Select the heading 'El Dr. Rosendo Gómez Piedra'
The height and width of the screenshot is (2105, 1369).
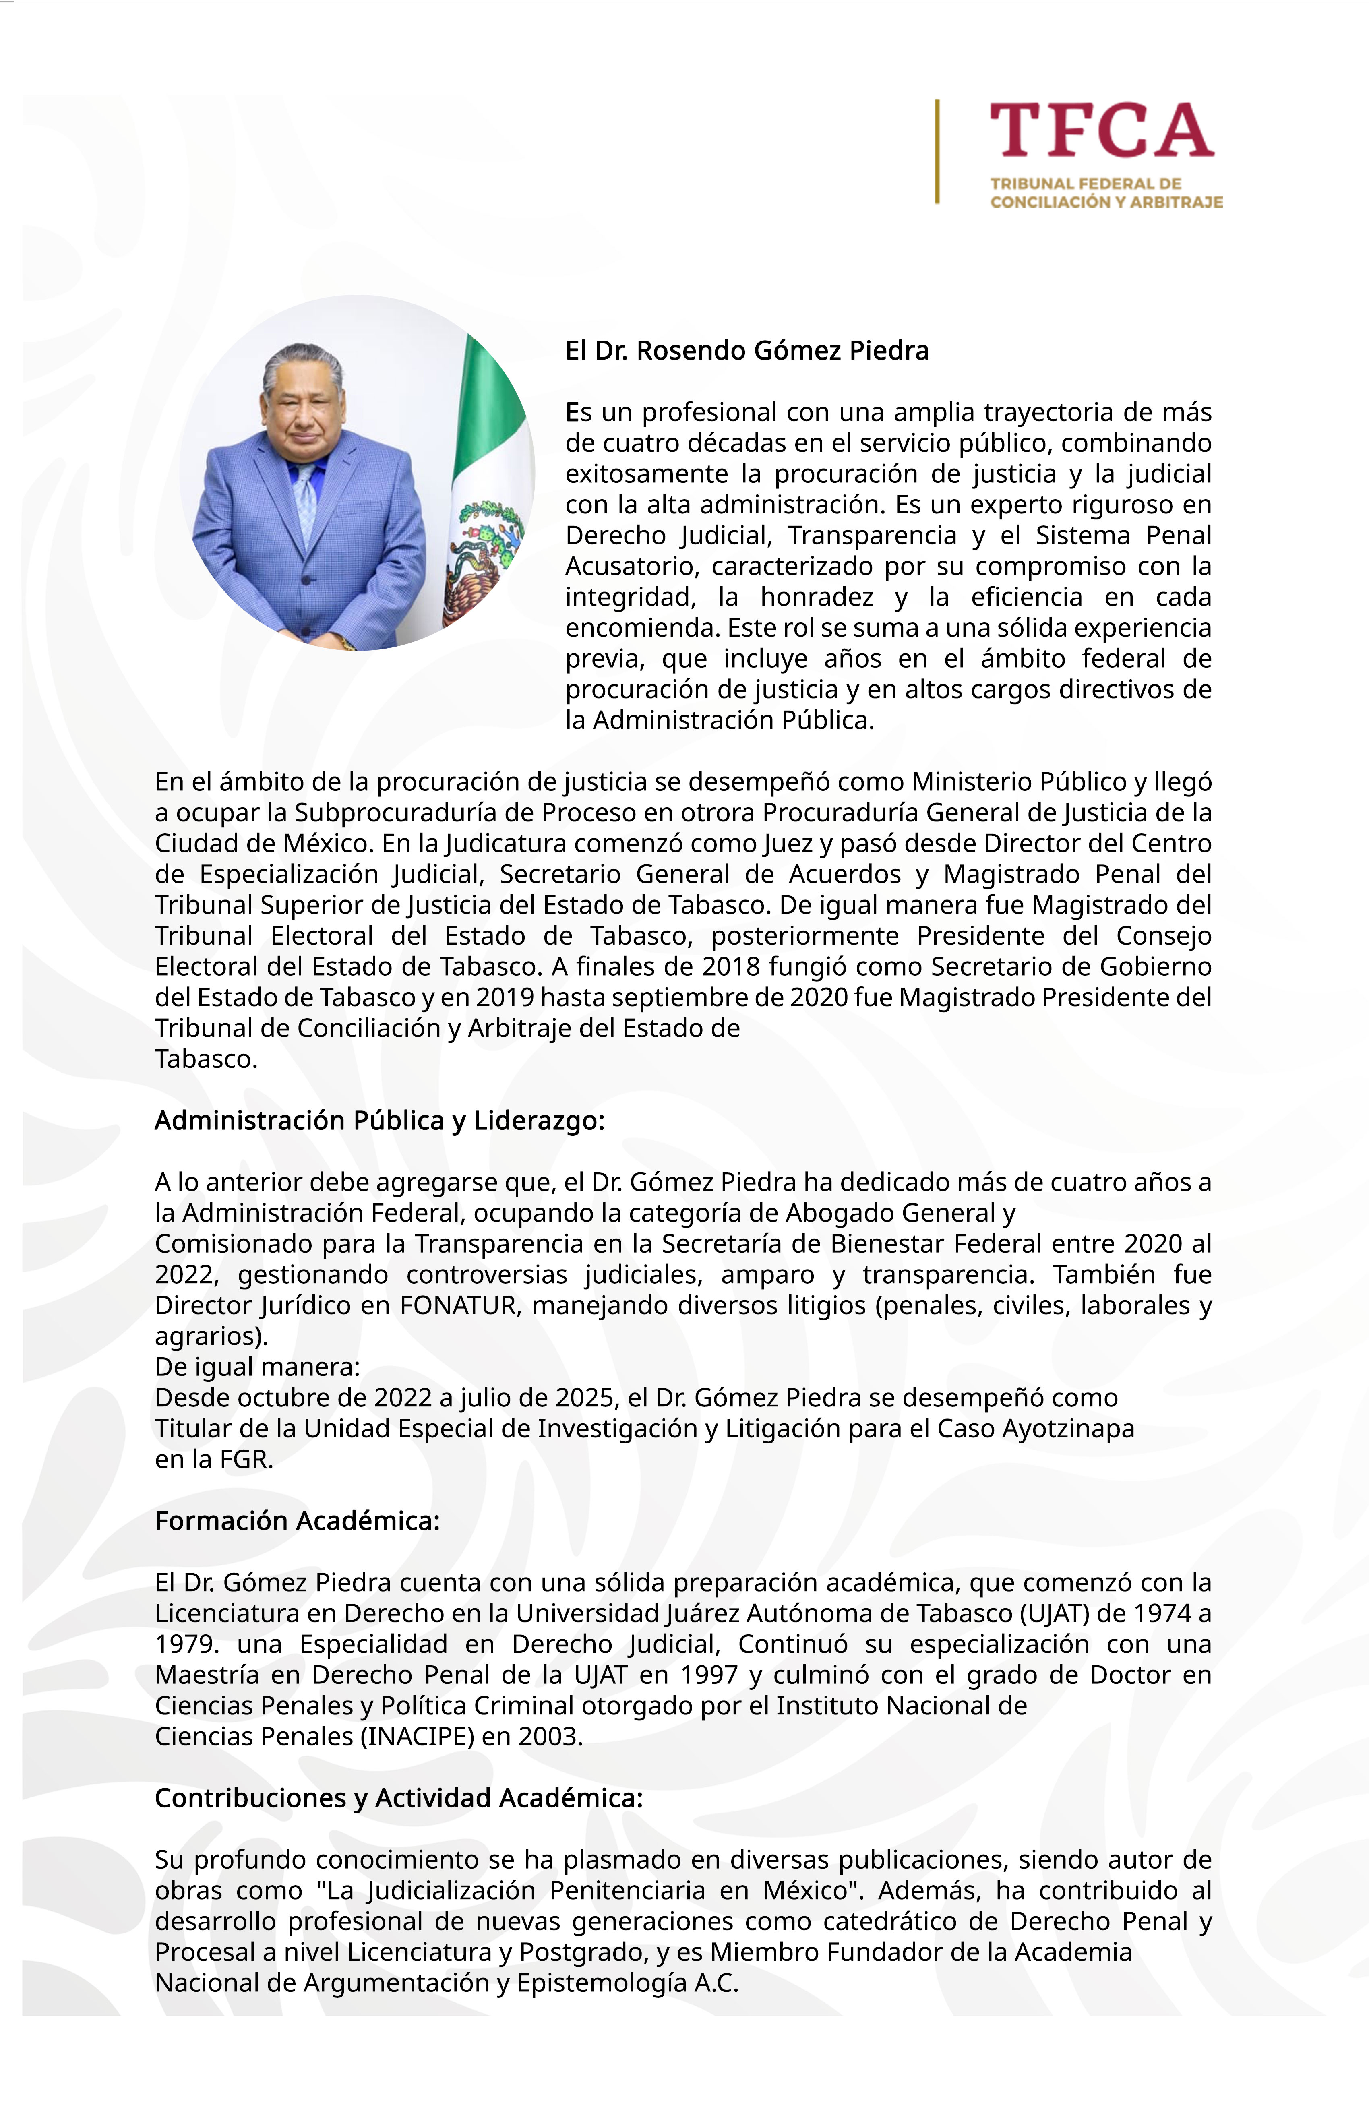(747, 351)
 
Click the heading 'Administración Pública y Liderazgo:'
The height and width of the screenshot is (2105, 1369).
(379, 1121)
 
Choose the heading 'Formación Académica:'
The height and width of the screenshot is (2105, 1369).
(297, 1520)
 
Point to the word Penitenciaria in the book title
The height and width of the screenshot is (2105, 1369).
(627, 1890)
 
